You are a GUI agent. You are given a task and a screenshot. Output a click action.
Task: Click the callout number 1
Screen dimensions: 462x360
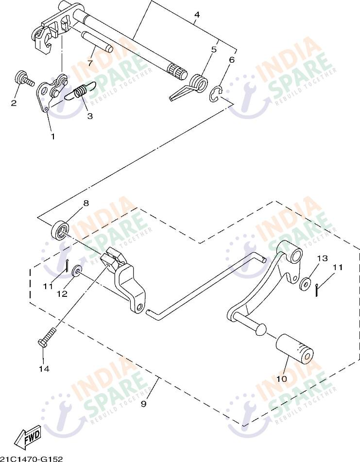point(52,137)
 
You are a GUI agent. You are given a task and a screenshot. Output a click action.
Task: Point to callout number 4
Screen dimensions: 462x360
point(196,15)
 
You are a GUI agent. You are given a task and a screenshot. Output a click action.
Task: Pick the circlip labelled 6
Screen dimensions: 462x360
point(216,94)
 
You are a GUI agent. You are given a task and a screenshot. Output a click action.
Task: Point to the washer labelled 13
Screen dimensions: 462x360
point(306,284)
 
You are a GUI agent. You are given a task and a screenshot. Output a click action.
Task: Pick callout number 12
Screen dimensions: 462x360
point(62,294)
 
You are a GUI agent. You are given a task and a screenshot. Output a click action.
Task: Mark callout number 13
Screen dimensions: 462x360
point(323,258)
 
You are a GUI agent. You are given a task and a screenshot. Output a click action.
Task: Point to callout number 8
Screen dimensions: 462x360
point(86,203)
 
